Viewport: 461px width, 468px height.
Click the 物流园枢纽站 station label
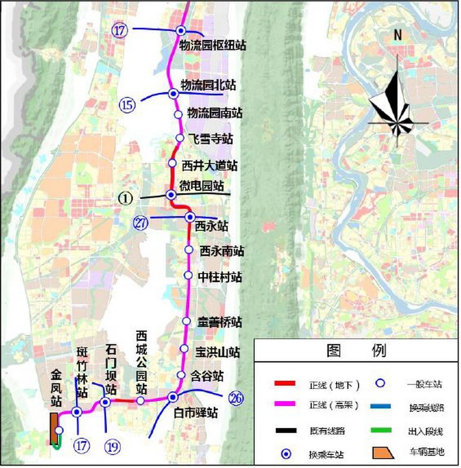coord(213,45)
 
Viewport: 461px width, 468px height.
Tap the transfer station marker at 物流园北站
coord(173,94)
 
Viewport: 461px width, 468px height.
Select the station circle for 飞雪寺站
coord(180,138)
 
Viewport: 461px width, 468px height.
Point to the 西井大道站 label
coord(210,166)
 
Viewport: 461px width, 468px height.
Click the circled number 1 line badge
coord(125,199)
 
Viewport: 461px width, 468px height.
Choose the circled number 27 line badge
coord(141,223)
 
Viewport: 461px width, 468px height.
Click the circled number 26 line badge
coord(236,398)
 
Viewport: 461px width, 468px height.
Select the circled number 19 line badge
coord(112,446)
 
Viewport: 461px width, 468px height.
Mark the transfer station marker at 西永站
coord(190,217)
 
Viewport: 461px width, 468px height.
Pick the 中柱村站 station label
coord(220,277)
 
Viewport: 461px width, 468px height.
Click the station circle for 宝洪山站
coord(184,348)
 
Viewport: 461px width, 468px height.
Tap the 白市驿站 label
coord(196,413)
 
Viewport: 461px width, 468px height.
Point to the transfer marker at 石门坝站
coord(105,403)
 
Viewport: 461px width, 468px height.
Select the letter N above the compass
coord(398,35)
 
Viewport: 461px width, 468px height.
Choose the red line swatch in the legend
coord(285,384)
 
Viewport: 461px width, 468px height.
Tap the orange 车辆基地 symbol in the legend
coord(383,453)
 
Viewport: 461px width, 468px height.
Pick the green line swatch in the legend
coord(381,430)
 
